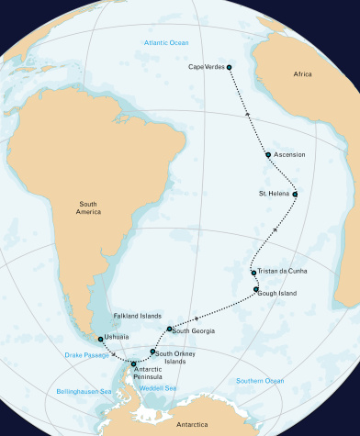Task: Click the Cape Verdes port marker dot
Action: tap(229, 67)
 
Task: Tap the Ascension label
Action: tap(288, 155)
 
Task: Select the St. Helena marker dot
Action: tap(295, 194)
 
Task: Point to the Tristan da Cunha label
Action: tap(283, 272)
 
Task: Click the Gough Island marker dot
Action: tap(257, 290)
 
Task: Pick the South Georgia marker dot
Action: tap(170, 329)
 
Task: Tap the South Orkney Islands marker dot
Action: tap(152, 352)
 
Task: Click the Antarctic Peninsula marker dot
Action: tap(134, 364)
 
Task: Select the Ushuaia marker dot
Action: tap(100, 339)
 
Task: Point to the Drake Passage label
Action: tap(84, 354)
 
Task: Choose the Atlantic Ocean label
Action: tap(165, 44)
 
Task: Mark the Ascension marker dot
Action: tap(267, 155)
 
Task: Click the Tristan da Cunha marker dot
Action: tap(253, 273)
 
